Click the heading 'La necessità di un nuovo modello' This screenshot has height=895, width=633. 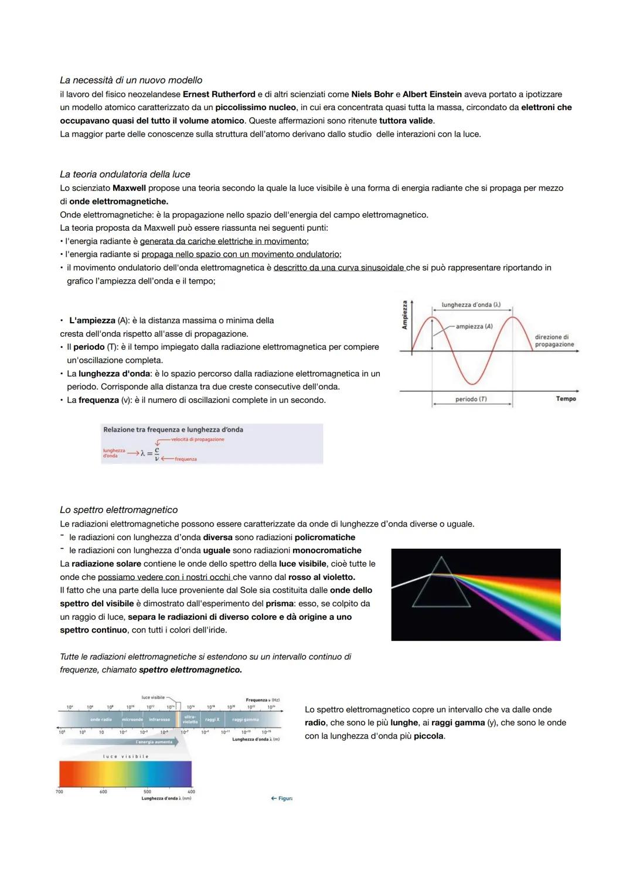131,80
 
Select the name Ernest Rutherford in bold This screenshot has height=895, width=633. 219,94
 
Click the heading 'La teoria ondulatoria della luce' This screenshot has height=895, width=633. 125,175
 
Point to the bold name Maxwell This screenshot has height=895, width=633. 129,188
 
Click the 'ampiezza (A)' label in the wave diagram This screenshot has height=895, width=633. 474,326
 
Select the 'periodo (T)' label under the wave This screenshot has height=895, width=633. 471,399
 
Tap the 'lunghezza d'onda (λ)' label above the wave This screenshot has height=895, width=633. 471,305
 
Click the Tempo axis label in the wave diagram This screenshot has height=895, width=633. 566,399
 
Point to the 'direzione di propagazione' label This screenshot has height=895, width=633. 554,341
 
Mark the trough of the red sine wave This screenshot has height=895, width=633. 472,382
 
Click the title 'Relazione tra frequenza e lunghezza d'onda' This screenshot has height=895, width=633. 173,430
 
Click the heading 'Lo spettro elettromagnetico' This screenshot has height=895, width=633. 118,510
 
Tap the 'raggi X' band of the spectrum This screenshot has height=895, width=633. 212,719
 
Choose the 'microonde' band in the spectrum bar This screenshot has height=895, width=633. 132,719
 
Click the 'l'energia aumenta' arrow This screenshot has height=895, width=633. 154,742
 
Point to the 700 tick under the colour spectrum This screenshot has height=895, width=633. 59,792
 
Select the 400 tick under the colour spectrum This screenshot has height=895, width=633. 191,792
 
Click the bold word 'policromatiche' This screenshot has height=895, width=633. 325,537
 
